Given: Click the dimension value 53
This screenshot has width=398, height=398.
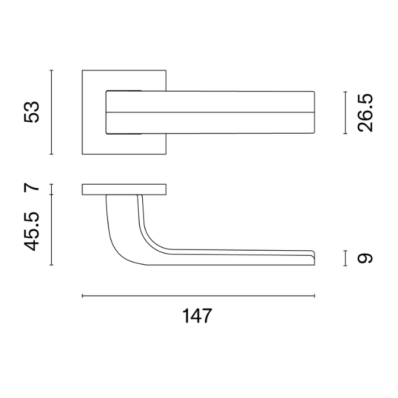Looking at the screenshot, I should click(x=32, y=112).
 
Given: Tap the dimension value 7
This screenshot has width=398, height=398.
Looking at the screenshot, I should click(x=32, y=188).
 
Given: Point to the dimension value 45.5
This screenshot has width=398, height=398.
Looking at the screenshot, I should click(x=32, y=230).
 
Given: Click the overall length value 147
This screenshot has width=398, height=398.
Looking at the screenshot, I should click(x=197, y=316).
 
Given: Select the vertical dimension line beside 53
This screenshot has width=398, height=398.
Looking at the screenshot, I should click(x=52, y=112).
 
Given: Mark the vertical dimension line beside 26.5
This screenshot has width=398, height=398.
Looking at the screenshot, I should click(x=345, y=113).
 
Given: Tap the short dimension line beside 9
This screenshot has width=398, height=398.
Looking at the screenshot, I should click(x=345, y=258).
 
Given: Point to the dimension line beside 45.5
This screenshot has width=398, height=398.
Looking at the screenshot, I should click(x=52, y=230).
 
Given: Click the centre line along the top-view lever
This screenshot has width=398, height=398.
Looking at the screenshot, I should click(x=210, y=113).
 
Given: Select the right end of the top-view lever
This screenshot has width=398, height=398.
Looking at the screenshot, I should click(x=314, y=113).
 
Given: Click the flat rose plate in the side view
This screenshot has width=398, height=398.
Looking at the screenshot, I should click(x=125, y=189).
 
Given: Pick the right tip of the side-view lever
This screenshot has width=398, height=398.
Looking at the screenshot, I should click(x=313, y=256).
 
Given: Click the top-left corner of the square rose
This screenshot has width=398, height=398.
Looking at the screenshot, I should click(x=83, y=71).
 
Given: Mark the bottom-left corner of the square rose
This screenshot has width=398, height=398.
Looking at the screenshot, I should click(x=83, y=154).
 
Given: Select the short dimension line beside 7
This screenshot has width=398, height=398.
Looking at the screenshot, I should click(x=52, y=189).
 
